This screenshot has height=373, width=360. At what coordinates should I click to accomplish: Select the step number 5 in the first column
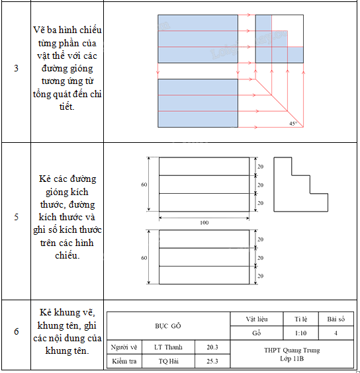pos(16,217)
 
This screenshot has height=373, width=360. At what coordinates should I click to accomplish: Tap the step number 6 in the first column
pos(16,331)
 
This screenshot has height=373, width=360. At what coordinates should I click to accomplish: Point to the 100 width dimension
pos(204,222)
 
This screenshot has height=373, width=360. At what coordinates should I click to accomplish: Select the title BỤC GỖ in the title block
pos(168,326)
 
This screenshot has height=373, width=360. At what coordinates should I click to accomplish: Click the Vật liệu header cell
pos(257,319)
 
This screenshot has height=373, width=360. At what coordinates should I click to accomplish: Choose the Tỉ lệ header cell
pos(301,319)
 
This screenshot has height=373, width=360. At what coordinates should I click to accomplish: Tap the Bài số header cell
pos(336,319)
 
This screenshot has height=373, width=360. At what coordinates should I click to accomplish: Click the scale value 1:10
pos(301,333)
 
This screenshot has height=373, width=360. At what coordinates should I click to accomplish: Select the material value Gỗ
pos(257,333)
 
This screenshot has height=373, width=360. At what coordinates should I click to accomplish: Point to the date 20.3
pos(212,347)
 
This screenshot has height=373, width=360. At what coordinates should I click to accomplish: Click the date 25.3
pos(212,361)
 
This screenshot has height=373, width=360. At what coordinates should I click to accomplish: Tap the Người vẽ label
pos(124,347)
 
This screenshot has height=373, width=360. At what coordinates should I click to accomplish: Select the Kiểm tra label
pos(124,361)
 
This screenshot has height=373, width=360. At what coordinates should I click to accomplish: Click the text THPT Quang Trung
pos(292,350)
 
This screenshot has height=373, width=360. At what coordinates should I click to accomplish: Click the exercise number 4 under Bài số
pos(336,333)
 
